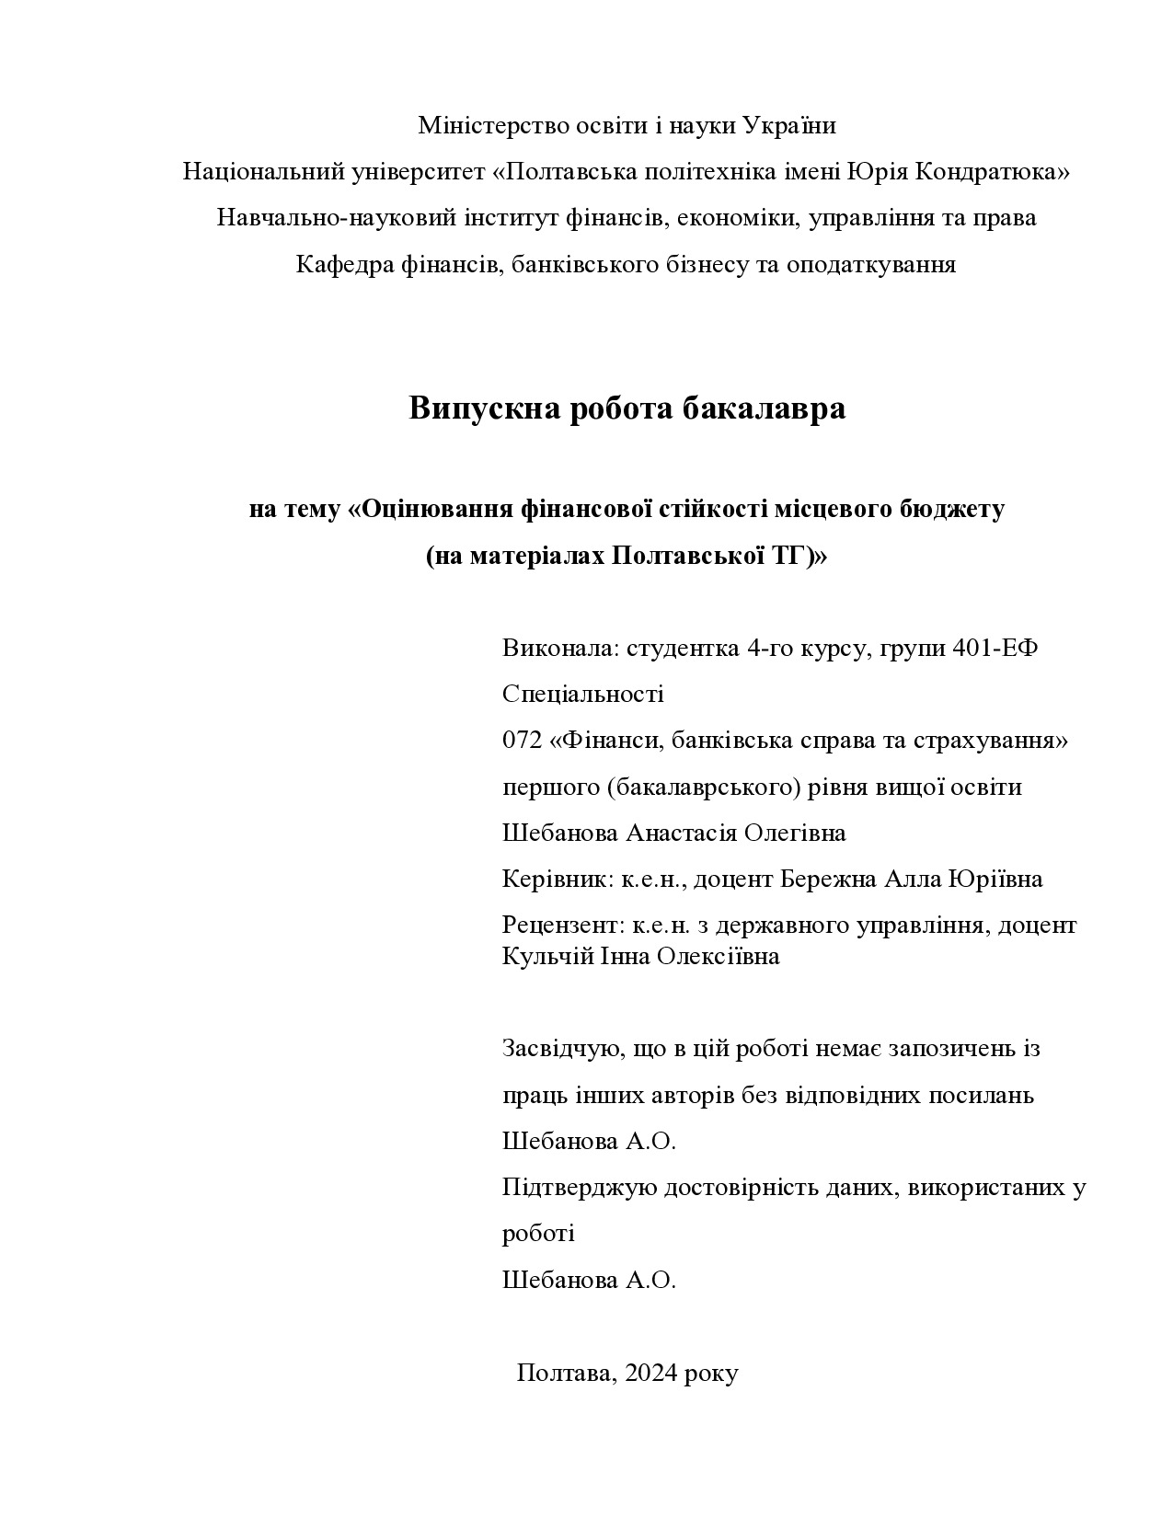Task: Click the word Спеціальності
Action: point(582,694)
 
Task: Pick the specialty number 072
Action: point(522,740)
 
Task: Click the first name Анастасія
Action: point(682,833)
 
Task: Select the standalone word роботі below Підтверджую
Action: point(538,1233)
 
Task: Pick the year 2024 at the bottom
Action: point(651,1374)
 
